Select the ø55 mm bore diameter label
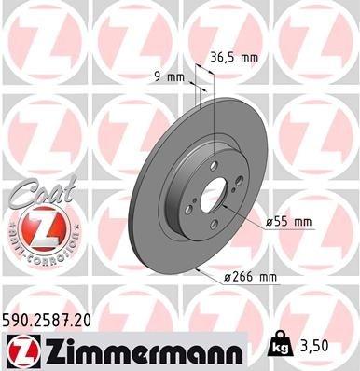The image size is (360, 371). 287,222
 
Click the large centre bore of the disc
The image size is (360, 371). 214,195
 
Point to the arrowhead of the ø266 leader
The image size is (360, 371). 199,269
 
